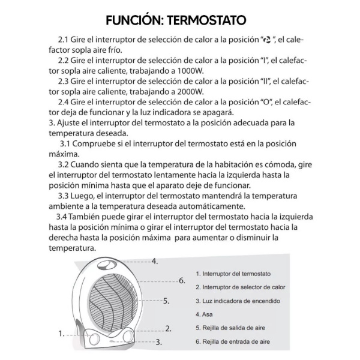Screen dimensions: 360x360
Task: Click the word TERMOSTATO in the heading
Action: pos(209,20)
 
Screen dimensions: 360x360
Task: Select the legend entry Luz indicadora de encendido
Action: pos(238,301)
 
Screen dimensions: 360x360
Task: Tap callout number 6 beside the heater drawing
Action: pos(182,280)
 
